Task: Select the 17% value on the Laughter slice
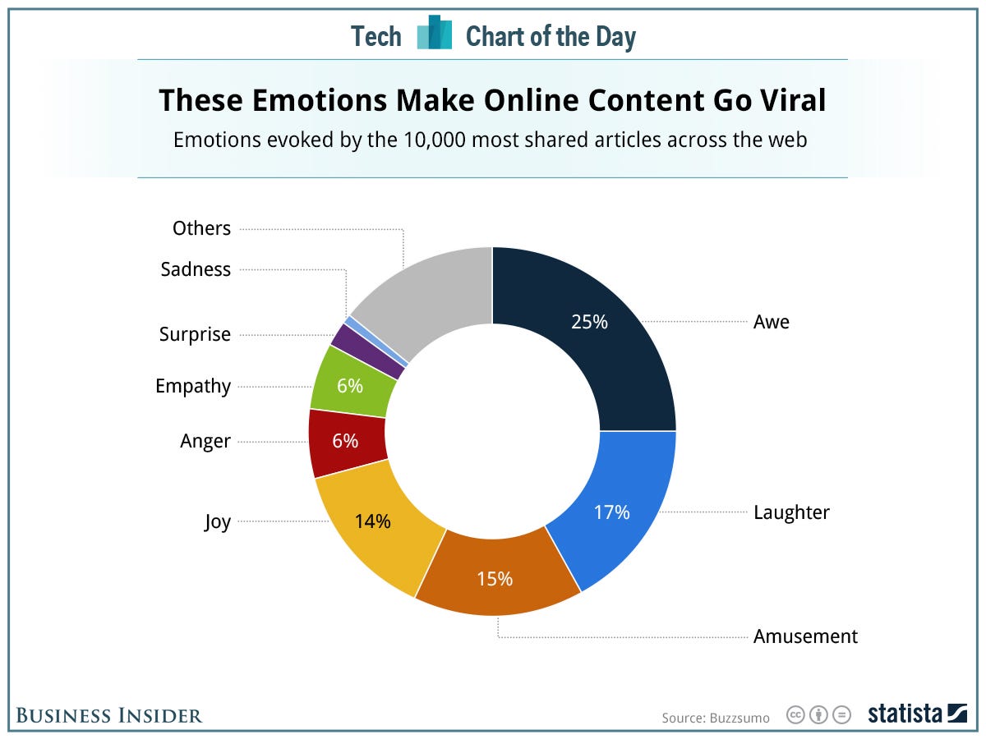[612, 512]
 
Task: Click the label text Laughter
[791, 512]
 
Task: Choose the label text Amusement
[805, 636]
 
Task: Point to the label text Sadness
[196, 269]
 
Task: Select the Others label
[201, 228]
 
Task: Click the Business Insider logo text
[108, 715]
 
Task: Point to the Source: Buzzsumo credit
[716, 718]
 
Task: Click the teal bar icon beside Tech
[435, 34]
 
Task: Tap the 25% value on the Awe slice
[589, 322]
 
